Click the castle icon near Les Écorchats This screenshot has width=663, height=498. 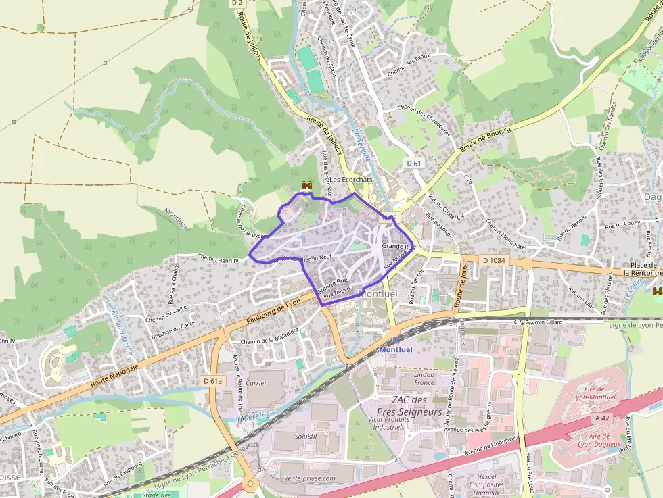click(x=306, y=185)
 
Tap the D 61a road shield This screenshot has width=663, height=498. click(x=212, y=381)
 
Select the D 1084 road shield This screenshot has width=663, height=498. click(x=495, y=260)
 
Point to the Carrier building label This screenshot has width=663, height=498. click(x=256, y=383)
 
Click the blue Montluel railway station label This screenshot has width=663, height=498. click(x=395, y=349)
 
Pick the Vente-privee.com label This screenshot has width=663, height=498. click(x=309, y=478)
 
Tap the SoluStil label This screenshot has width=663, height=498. click(x=306, y=436)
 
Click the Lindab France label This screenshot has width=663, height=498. click(x=424, y=378)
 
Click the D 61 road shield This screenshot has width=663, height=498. click(x=414, y=163)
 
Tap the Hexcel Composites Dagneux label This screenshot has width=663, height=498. click(x=486, y=484)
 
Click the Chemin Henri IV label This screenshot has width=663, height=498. click(x=218, y=257)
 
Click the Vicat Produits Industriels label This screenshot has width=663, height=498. click(x=398, y=423)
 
